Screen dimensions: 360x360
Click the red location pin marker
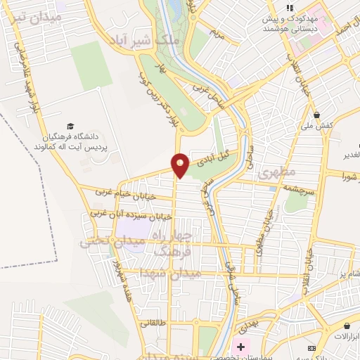[181, 165]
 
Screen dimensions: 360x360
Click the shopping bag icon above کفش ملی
[317, 115]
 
